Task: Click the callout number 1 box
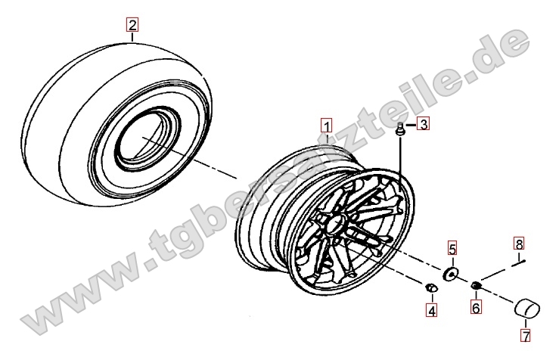tap(327, 126)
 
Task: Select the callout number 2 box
tap(132, 25)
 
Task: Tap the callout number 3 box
tap(423, 124)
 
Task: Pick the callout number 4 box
tap(432, 311)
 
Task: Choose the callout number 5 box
tap(452, 248)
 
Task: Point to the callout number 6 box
tap(476, 307)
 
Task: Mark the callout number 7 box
tap(526, 335)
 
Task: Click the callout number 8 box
tap(519, 244)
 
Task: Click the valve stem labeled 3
tap(401, 129)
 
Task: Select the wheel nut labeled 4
tap(431, 287)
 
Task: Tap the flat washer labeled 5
tap(450, 274)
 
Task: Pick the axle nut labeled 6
tap(476, 285)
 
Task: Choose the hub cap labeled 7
tap(527, 308)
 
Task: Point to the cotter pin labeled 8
tap(519, 263)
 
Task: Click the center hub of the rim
tap(336, 224)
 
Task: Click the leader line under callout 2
tap(132, 37)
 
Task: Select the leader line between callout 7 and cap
tap(526, 323)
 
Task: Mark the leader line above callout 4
tap(432, 298)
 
